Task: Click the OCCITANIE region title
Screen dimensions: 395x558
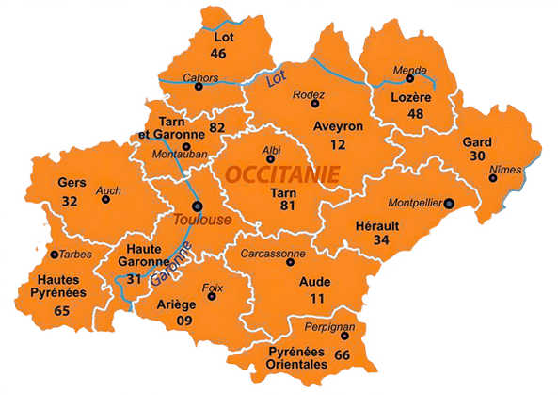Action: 283,173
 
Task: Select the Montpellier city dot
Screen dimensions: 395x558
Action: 449,203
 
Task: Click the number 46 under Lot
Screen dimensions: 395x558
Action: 218,54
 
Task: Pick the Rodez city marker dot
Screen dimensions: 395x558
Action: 315,104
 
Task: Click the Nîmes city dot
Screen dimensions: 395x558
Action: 492,177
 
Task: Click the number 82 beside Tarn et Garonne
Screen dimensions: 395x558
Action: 217,127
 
